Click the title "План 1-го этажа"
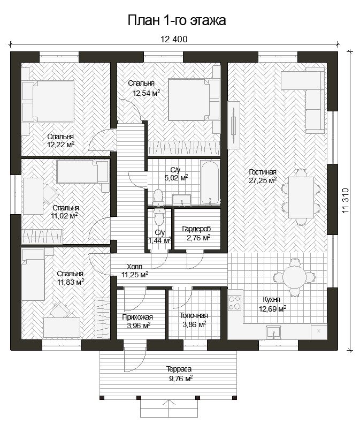[x=177, y=20]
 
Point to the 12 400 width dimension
[x=174, y=40]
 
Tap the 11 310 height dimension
[x=346, y=200]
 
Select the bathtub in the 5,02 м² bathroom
[x=210, y=183]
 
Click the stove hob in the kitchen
[x=235, y=302]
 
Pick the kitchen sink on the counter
[x=273, y=332]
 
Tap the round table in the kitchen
[x=294, y=277]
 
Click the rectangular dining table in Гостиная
[x=301, y=197]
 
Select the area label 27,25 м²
[x=263, y=180]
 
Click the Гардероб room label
[x=196, y=229]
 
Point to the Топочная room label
[x=194, y=315]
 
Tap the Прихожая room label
[x=137, y=317]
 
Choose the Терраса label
[x=179, y=369]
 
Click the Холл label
[x=135, y=267]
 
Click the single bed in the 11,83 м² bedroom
[x=33, y=275]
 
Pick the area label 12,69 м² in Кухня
[x=273, y=309]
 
